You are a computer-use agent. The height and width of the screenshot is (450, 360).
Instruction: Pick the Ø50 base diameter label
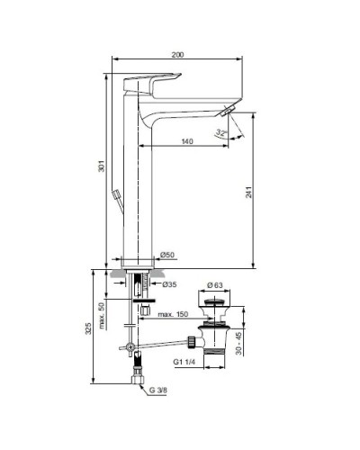165,256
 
